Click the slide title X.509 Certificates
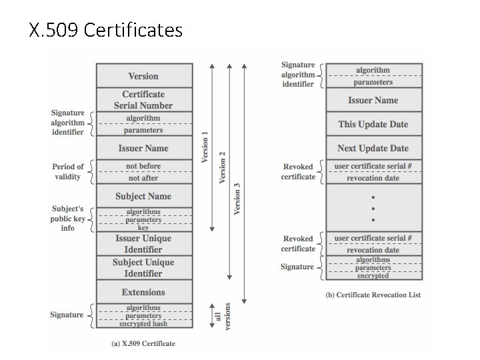point(106,31)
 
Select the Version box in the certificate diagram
point(144,76)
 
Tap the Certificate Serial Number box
point(144,100)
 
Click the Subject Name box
point(144,196)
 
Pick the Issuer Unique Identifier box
point(144,243)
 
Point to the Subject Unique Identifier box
point(144,267)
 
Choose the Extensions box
point(144,292)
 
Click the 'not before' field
point(144,166)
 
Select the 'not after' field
point(144,178)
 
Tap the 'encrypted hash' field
point(144,323)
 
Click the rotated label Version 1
point(205,147)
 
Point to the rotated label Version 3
point(237,199)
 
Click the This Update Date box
point(373,124)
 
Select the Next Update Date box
point(373,148)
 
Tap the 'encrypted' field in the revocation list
point(373,275)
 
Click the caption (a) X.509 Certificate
point(144,343)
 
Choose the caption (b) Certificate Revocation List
point(373,295)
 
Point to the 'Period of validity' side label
point(68,171)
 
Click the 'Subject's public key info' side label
point(68,218)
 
